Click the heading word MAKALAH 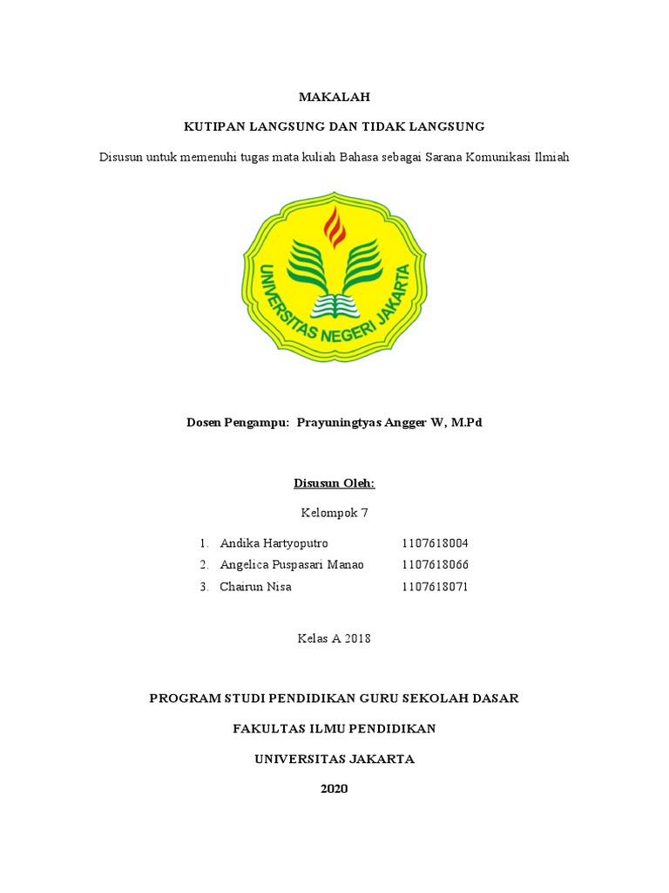(x=334, y=98)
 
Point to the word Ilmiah (x=549, y=157)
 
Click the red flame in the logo (x=334, y=228)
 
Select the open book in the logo (x=334, y=306)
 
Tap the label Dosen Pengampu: (x=238, y=423)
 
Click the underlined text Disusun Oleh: (x=334, y=483)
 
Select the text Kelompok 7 (x=334, y=513)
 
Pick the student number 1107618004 (x=436, y=543)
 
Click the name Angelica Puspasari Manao (x=292, y=565)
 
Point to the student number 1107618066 (x=436, y=565)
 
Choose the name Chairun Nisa (x=256, y=587)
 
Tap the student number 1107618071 (x=436, y=587)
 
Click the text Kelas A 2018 (x=334, y=638)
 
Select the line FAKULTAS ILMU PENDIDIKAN (x=334, y=729)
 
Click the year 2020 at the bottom (x=334, y=789)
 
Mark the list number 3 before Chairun (x=203, y=587)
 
